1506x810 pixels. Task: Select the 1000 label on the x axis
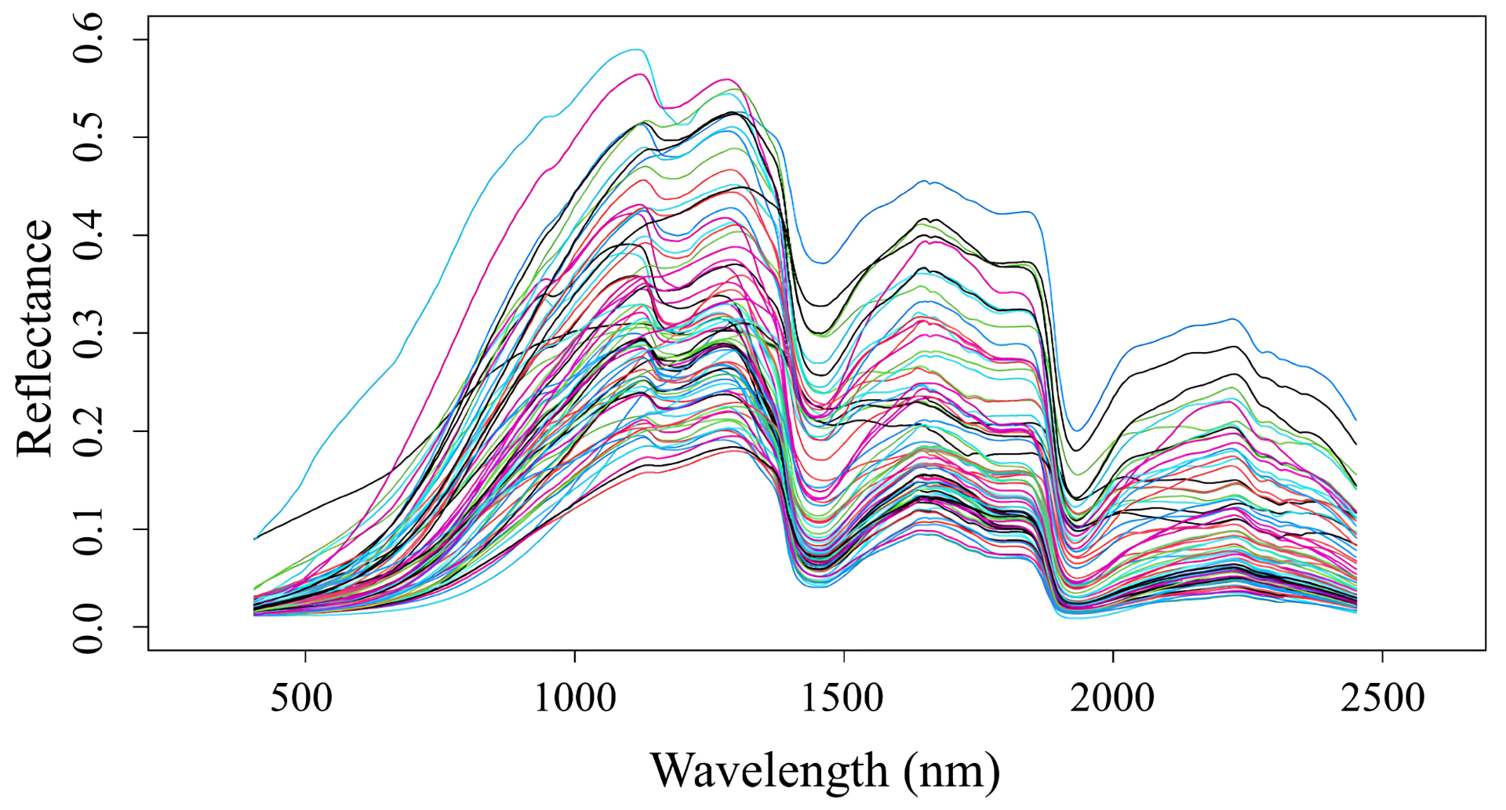[x=575, y=698]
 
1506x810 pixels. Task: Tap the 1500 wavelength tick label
[x=844, y=698]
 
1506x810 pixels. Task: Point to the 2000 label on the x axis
[x=1113, y=698]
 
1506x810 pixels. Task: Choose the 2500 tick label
[x=1382, y=698]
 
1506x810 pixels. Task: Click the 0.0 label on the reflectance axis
[x=89, y=627]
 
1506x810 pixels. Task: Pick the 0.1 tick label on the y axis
[x=89, y=530]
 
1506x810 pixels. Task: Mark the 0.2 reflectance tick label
[x=89, y=432]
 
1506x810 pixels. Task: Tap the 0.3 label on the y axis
[x=89, y=334]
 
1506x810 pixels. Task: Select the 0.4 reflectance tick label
[x=89, y=236]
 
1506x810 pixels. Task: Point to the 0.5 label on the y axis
[x=89, y=138]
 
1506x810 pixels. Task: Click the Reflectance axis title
[x=35, y=337]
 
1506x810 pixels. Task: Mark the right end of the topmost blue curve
[x=1356, y=420]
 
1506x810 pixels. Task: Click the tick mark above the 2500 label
[x=1382, y=656]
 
